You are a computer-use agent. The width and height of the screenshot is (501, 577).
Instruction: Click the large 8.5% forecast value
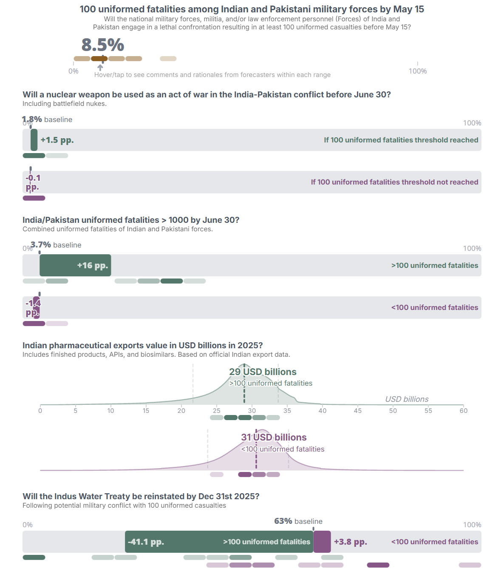click(102, 45)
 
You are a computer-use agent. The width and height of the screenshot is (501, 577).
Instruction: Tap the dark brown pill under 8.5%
click(99, 59)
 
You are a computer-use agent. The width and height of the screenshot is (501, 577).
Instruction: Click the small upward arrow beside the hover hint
click(100, 68)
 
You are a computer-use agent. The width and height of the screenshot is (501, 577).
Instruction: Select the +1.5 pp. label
click(57, 140)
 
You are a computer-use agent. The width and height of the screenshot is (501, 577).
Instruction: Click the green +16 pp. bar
click(75, 265)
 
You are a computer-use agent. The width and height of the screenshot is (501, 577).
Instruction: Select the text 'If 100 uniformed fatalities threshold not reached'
click(394, 182)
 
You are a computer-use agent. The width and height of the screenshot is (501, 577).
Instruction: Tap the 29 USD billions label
click(263, 372)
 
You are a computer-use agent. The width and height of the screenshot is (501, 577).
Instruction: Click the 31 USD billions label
click(274, 437)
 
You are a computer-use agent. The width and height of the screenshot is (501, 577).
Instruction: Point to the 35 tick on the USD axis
click(287, 410)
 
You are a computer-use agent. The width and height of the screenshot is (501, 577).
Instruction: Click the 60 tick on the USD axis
click(463, 410)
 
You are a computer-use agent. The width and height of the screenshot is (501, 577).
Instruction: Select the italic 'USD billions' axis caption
click(407, 399)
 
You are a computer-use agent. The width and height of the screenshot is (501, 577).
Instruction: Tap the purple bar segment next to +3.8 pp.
click(322, 542)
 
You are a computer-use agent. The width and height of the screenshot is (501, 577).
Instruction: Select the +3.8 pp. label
click(350, 542)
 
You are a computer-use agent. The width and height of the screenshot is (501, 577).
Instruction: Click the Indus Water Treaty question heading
click(141, 496)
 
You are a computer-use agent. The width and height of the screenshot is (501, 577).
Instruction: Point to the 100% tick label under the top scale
click(417, 71)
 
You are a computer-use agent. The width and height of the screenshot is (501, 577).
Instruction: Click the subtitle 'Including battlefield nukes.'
click(65, 104)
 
